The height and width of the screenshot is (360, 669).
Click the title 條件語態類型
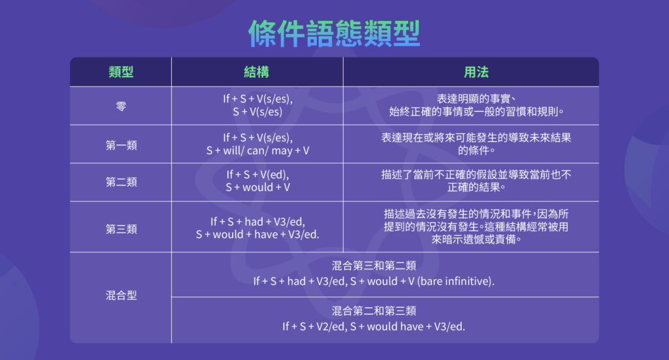[x=334, y=32]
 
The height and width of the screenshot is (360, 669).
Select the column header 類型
[x=121, y=72]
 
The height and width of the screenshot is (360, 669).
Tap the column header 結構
[x=257, y=72]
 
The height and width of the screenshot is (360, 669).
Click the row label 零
[x=121, y=106]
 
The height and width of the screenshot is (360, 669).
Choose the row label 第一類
[x=121, y=144]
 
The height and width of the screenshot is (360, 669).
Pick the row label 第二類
[x=121, y=182]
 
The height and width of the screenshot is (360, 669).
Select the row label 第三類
[x=121, y=229]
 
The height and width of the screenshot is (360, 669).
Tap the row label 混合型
[x=121, y=295]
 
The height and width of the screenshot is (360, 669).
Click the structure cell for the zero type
[x=257, y=105]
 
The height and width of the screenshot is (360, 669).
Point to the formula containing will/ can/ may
[x=257, y=150]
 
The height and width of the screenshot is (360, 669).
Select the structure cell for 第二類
[x=257, y=182]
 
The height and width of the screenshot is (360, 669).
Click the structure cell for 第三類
[x=257, y=228]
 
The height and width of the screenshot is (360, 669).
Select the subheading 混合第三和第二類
[x=374, y=266]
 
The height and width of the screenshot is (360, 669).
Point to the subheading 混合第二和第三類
[x=374, y=310]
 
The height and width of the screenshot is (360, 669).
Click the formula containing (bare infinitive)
[x=374, y=282]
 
